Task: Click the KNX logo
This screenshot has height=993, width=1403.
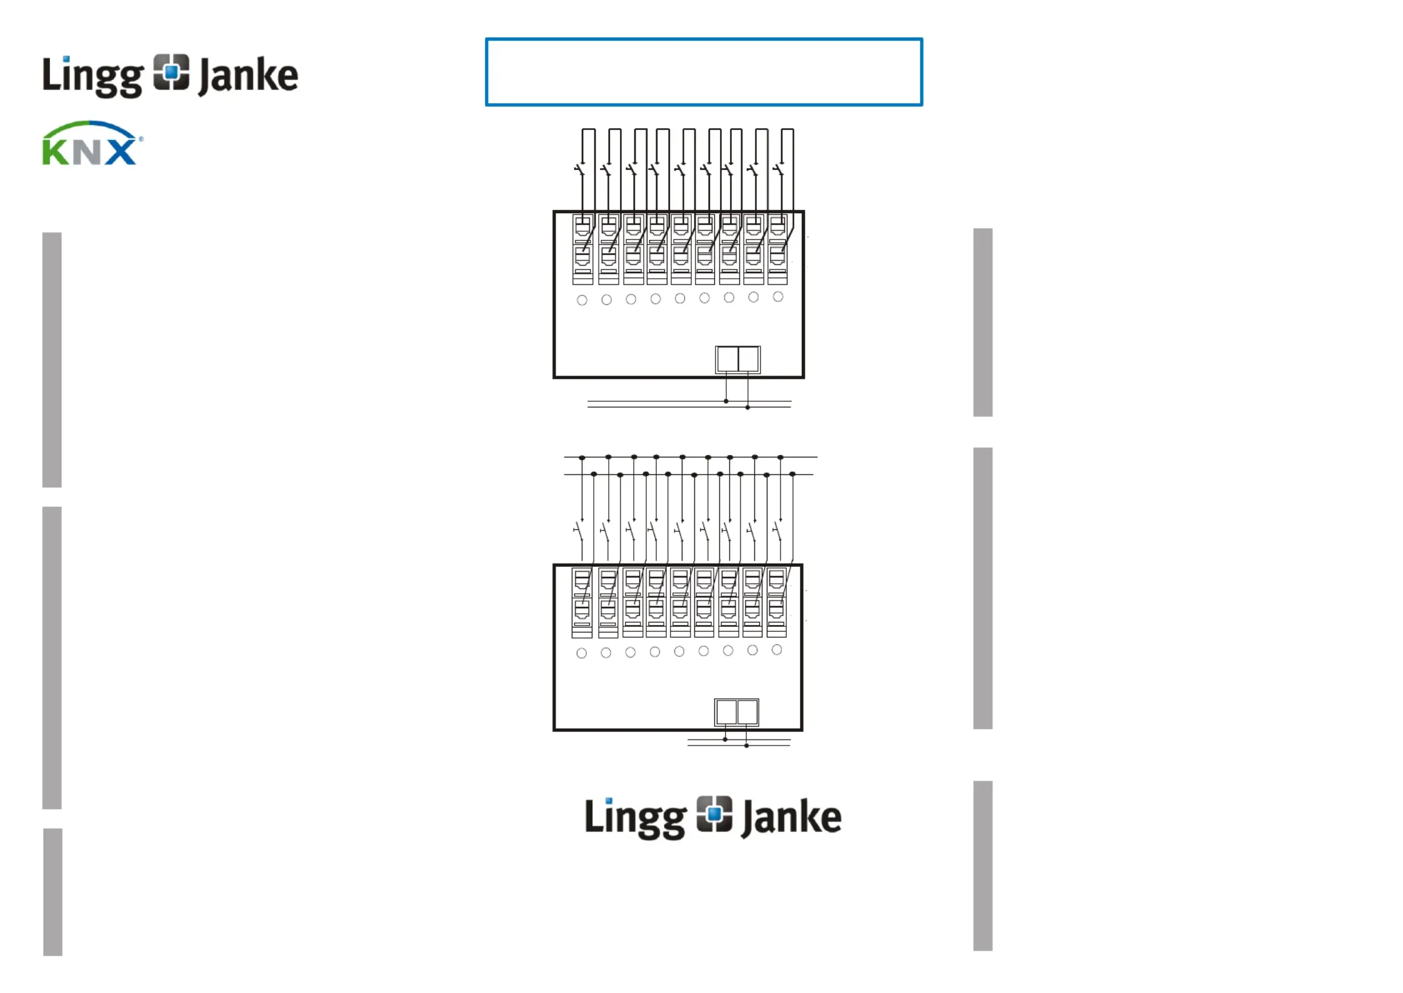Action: [x=91, y=144]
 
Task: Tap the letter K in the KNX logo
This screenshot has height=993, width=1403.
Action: [x=55, y=152]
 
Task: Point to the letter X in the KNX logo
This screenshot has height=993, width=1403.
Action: [x=120, y=152]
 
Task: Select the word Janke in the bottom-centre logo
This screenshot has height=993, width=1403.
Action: [x=791, y=817]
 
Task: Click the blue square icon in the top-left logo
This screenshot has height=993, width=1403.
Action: [x=171, y=72]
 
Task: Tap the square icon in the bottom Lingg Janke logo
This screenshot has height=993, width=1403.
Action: [x=714, y=814]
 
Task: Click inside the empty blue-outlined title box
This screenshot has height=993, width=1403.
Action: [x=704, y=72]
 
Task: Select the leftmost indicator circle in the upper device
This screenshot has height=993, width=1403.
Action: [x=582, y=300]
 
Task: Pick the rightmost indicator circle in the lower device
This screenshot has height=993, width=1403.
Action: [x=777, y=650]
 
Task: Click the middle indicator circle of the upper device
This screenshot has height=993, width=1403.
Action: [x=680, y=299]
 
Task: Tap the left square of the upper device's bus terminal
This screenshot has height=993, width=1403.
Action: [x=727, y=359]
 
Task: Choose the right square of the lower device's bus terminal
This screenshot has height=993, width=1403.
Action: [x=747, y=712]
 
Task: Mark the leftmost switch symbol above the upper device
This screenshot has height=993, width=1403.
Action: [x=581, y=169]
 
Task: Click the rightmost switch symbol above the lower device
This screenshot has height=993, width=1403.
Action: [x=777, y=532]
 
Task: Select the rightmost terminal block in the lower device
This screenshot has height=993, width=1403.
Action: [x=776, y=602]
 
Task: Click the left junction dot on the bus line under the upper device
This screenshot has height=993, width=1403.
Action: [x=726, y=401]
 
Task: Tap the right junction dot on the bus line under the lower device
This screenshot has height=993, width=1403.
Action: [x=746, y=746]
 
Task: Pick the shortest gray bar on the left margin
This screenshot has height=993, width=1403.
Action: [x=52, y=892]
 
